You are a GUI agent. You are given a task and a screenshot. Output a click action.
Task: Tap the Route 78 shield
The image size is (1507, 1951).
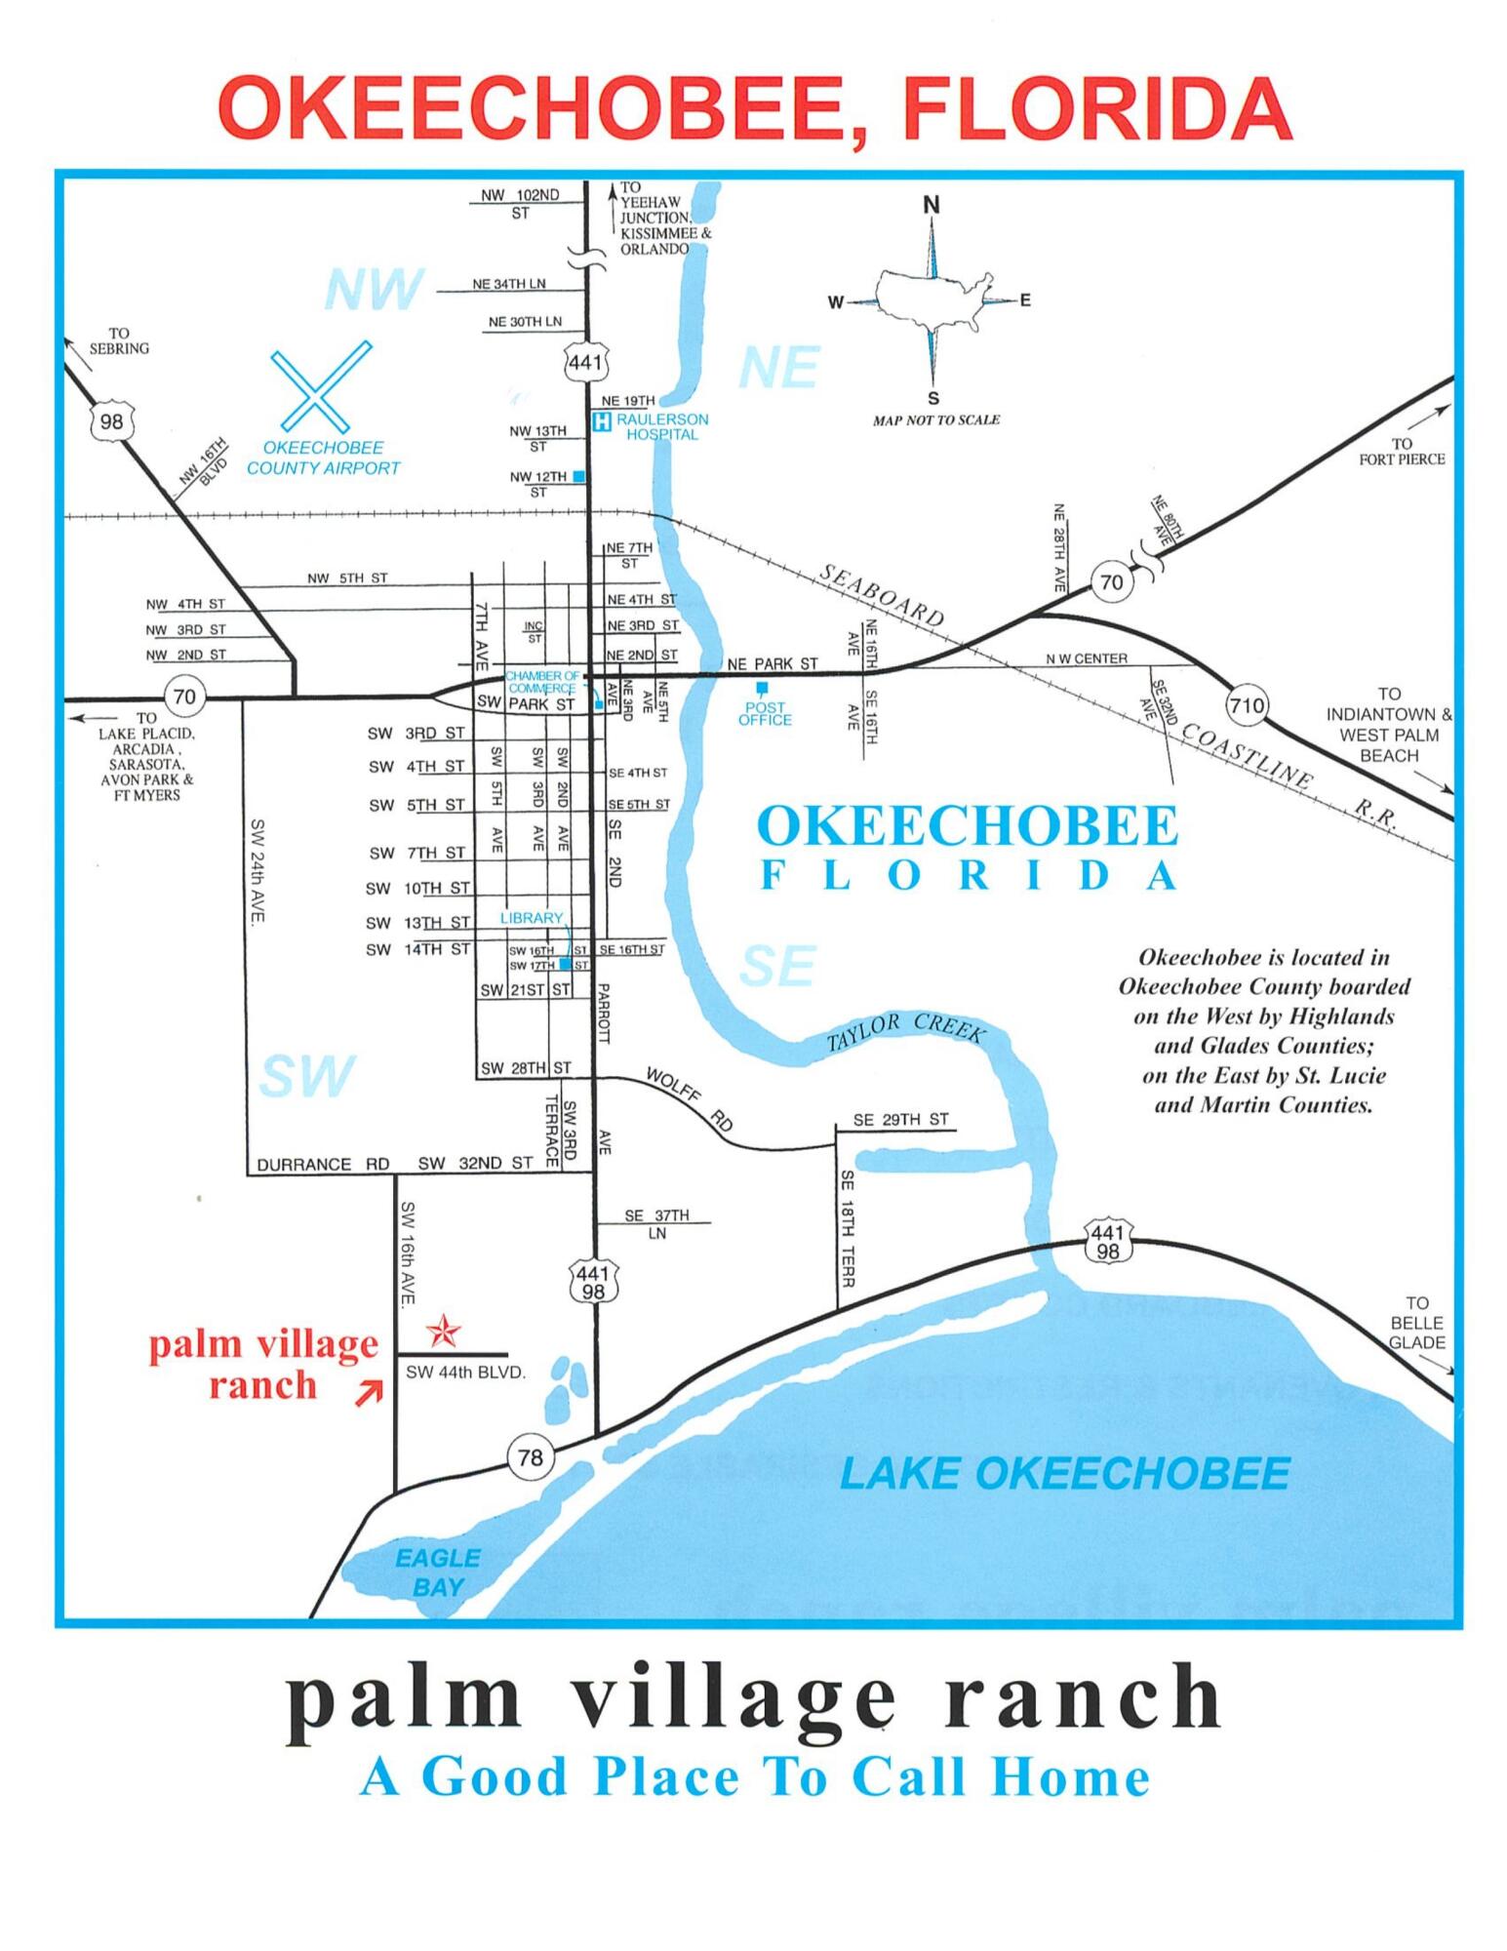coord(530,1457)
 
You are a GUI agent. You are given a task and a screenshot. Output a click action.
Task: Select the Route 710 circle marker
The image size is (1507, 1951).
coord(1247,705)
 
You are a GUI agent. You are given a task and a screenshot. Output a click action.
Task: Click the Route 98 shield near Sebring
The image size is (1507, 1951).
coord(111,421)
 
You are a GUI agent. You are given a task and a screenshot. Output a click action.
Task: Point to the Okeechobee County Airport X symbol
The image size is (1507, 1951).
coord(322,386)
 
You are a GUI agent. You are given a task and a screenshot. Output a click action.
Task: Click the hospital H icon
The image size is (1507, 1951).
coord(603,422)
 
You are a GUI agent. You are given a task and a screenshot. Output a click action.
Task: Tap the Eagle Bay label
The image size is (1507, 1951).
coord(438,1572)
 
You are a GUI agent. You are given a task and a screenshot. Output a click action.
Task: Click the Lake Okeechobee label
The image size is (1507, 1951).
coord(1064,1473)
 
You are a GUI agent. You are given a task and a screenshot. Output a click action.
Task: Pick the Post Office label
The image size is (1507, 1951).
coord(765,713)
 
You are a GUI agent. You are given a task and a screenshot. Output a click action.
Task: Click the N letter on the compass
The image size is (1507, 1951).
coord(932,205)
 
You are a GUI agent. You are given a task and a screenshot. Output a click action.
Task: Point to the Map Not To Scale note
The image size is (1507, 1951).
coord(935,419)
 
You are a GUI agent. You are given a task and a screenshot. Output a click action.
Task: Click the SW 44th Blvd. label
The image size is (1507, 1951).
coord(465,1373)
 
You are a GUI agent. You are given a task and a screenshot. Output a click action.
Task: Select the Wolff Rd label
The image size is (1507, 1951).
coord(689,1098)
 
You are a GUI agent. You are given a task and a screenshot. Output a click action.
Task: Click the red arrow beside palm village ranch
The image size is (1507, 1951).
coord(369,1395)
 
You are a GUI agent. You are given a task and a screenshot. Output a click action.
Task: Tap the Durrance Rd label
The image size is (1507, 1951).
coord(323,1164)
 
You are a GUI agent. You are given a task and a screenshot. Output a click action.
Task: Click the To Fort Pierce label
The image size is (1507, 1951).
coord(1402,451)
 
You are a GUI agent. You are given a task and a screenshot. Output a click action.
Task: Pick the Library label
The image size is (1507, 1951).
coord(532,918)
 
